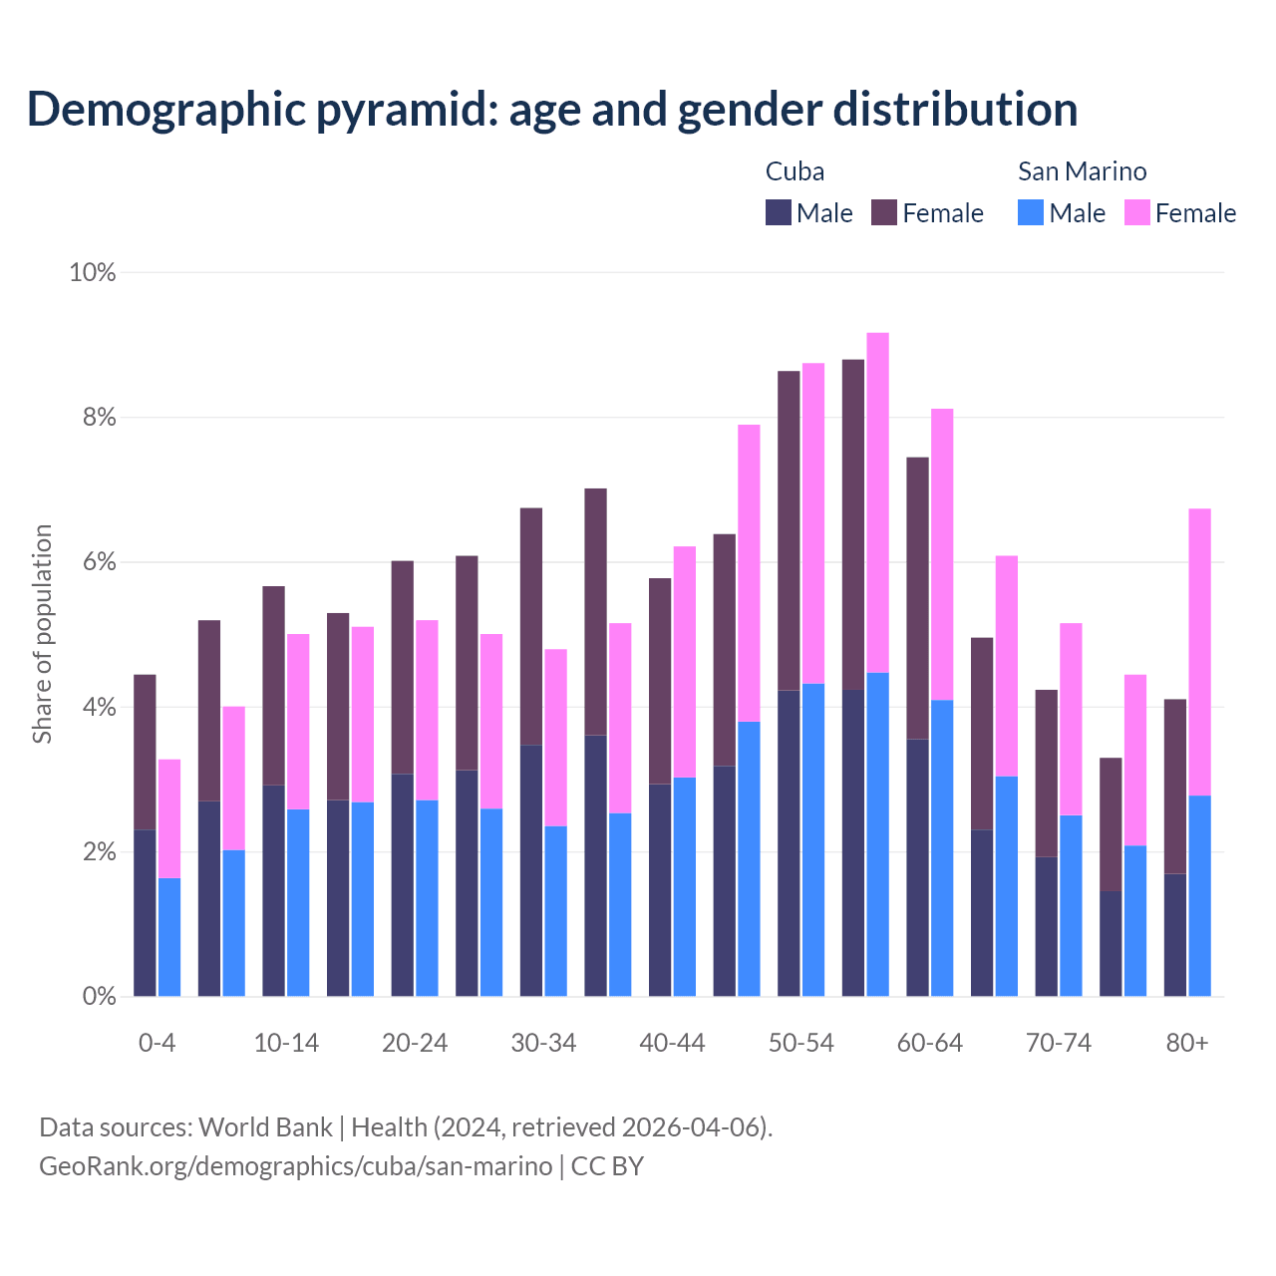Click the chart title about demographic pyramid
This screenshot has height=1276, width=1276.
552,109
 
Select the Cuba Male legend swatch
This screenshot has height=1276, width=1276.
779,212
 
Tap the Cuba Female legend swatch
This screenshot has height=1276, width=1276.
884,212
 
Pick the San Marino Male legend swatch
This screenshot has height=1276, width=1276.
1031,212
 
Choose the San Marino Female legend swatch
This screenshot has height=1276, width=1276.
1136,212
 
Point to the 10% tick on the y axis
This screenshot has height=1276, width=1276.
92,272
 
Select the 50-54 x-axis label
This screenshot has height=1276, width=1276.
800,1043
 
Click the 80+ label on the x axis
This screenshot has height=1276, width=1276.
1186,1043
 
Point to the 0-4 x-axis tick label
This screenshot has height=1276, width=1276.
157,1043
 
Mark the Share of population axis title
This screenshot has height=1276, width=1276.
42,634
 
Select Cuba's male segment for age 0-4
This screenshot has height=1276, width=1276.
145,912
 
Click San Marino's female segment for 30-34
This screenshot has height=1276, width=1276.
555,738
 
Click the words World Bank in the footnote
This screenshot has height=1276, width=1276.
265,1127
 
